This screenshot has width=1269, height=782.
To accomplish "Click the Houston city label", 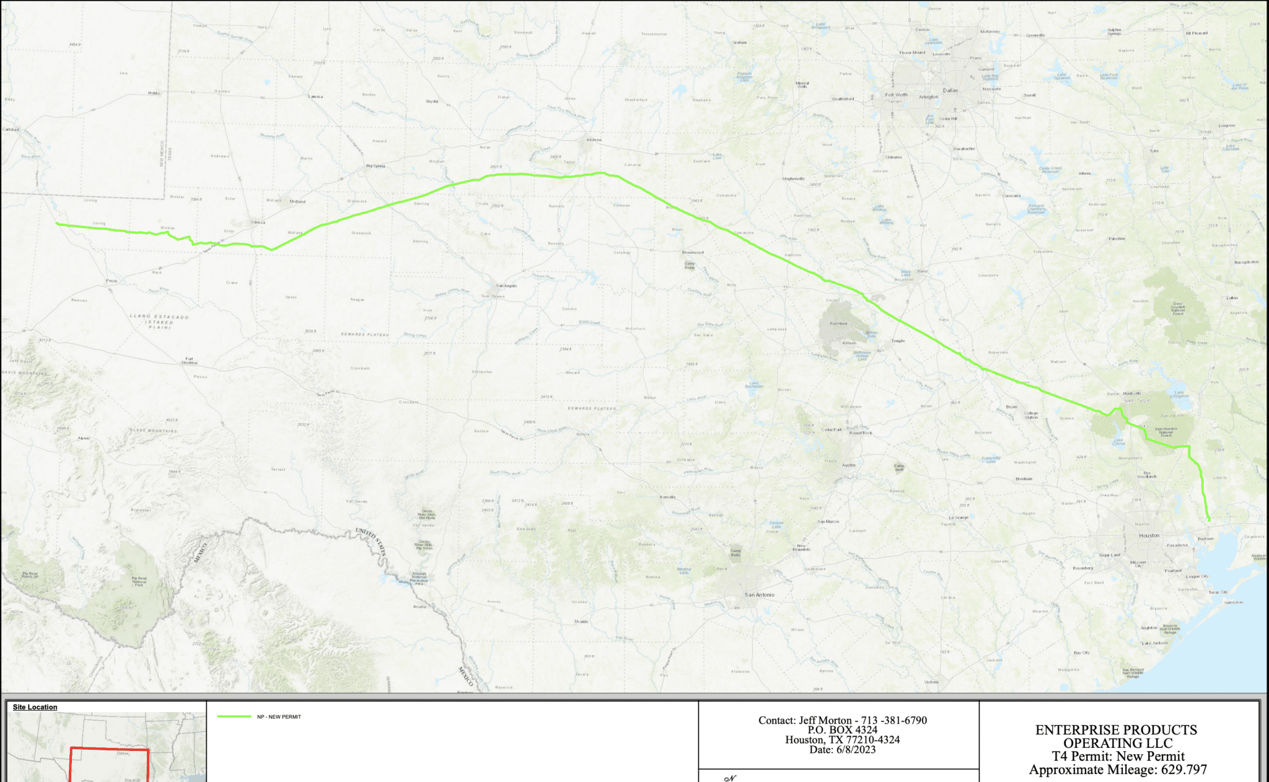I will pos(1149,535).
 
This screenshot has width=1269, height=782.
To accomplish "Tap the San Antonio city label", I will pos(759,595).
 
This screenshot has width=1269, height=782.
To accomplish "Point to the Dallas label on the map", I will pos(950,90).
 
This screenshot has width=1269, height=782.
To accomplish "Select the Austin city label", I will pos(848,465).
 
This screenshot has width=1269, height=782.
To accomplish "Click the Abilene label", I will pos(594,140).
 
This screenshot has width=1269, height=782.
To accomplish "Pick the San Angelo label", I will pos(506,286).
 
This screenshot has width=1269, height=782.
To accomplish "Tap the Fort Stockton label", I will pos(190,361).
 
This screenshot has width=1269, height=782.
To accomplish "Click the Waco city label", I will pos(923,271).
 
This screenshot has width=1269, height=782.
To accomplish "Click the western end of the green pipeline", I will pos(57,224).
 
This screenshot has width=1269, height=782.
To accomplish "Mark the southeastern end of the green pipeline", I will pos(1209,520).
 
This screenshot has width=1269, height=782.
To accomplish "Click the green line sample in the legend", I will pos(234,716).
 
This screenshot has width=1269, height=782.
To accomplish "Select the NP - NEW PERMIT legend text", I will pos(279,717).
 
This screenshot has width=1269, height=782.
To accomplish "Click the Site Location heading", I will pos(35,707).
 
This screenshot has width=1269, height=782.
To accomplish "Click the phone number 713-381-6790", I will pos(894,721).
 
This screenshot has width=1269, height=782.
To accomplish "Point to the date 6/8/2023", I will pos(855,750).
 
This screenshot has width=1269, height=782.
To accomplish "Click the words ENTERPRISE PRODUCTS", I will pos(1116,730).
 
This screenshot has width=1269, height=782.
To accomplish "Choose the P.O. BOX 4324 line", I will pos(842,730).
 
